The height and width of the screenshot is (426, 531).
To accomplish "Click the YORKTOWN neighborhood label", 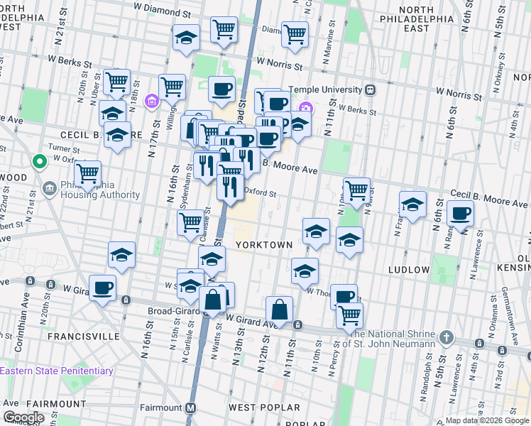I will tap(264, 244).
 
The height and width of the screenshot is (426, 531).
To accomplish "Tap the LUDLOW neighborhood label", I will tap(410, 270).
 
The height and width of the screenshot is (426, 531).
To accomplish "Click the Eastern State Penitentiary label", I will tap(57, 371).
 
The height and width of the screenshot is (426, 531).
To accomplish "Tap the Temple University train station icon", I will tap(370, 91).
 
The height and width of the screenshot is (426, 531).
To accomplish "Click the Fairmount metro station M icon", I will tap(190, 408).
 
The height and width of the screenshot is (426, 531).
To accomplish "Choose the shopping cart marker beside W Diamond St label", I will tap(224, 29).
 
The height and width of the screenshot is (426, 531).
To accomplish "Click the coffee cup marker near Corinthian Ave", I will tap(103, 288).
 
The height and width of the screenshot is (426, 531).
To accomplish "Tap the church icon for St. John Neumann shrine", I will tap(446, 337).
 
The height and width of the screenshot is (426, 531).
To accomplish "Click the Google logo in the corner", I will tap(23, 417).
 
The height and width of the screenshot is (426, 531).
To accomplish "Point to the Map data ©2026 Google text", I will tap(487, 420).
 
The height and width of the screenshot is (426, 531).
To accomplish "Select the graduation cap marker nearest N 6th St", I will tap(412, 205).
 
